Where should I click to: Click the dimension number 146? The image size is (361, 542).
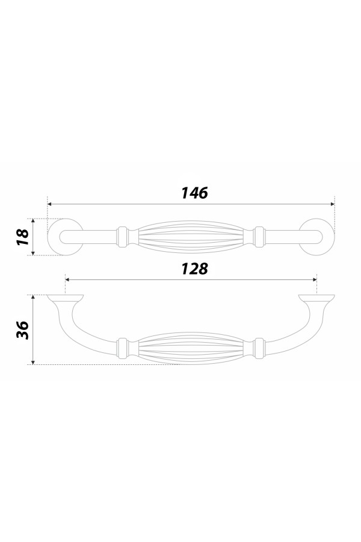[x=194, y=193]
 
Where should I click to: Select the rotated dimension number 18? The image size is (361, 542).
[x=22, y=237]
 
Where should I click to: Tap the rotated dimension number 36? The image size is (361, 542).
[x=22, y=329]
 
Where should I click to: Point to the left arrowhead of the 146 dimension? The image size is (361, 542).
[x=50, y=205]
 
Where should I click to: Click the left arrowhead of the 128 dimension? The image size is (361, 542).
[x=68, y=280]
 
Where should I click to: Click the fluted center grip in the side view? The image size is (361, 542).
[x=191, y=349]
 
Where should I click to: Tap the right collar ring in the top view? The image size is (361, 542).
[x=259, y=237]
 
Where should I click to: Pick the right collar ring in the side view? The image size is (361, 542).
[x=259, y=348]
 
